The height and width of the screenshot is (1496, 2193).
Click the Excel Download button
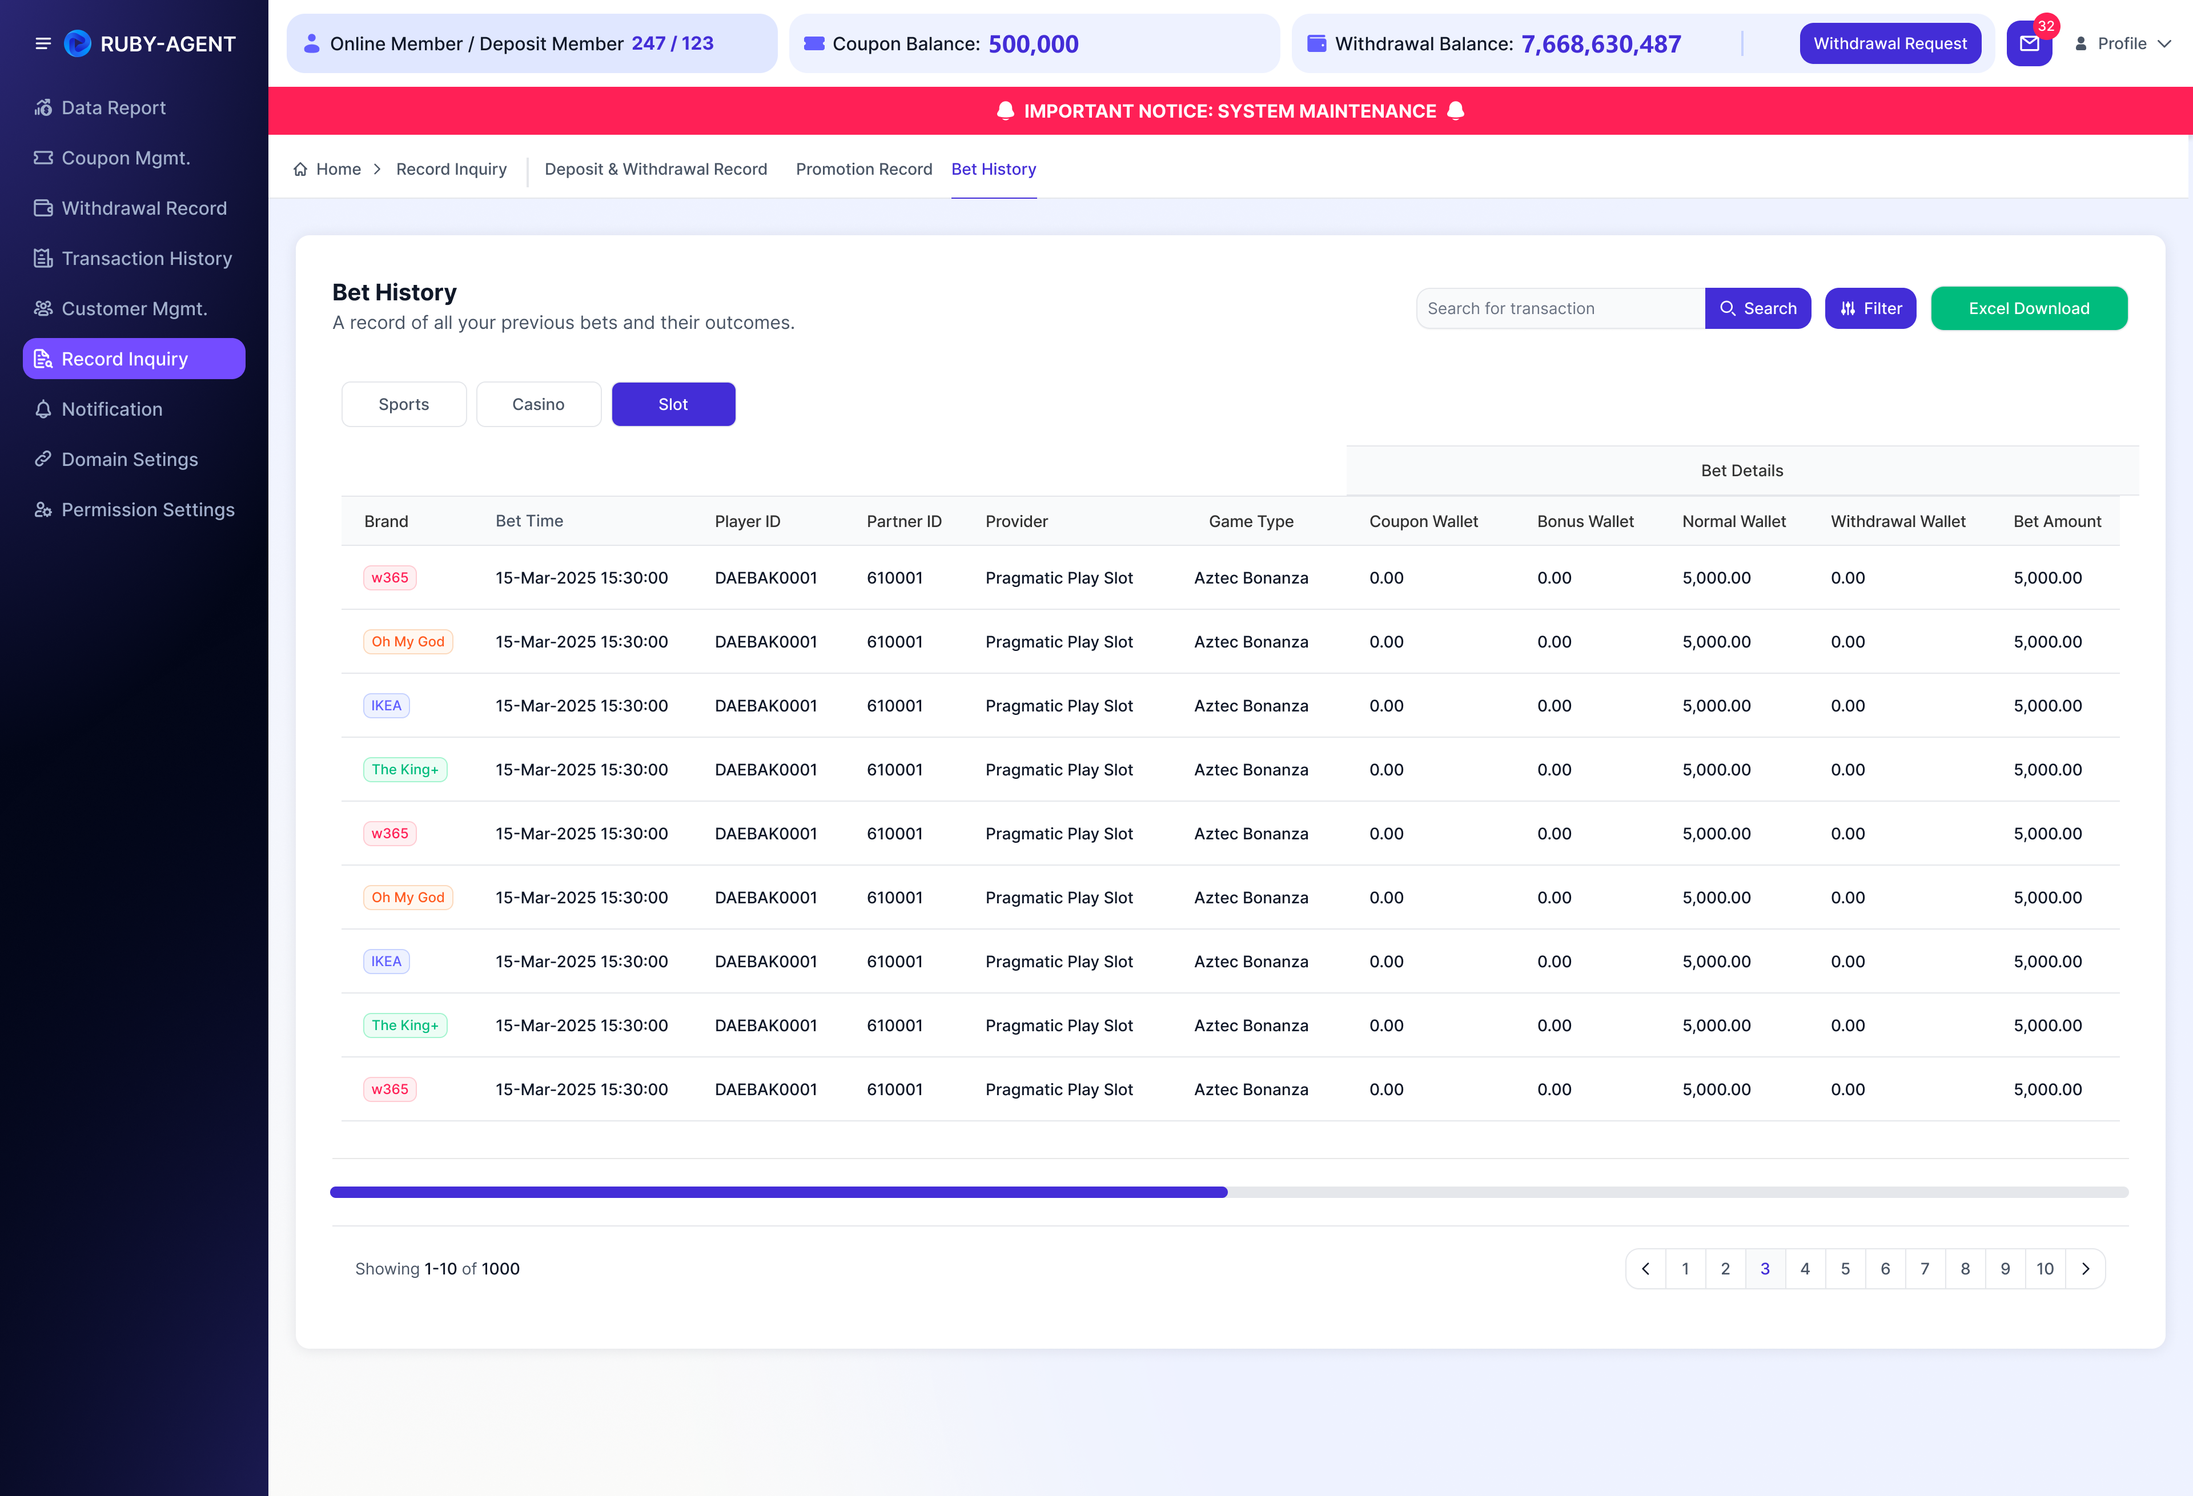(2029, 308)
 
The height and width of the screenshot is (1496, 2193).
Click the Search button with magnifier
(1757, 308)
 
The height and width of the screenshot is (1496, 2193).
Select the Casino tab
(538, 404)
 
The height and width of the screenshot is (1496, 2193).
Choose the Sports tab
(404, 404)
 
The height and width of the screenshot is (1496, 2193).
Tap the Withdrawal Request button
(1890, 43)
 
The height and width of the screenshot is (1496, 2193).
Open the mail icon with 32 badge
(2029, 43)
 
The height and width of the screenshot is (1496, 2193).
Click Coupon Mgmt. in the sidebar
(126, 158)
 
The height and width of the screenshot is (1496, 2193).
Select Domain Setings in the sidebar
(129, 460)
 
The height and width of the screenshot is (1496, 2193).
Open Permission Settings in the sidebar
(147, 509)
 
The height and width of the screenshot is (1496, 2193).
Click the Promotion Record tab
(863, 169)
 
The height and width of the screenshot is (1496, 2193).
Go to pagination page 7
(1925, 1269)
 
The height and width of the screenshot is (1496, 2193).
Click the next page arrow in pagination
(2086, 1269)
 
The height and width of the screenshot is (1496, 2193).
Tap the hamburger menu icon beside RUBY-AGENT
(42, 43)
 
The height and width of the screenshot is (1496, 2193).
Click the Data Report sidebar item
(113, 107)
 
